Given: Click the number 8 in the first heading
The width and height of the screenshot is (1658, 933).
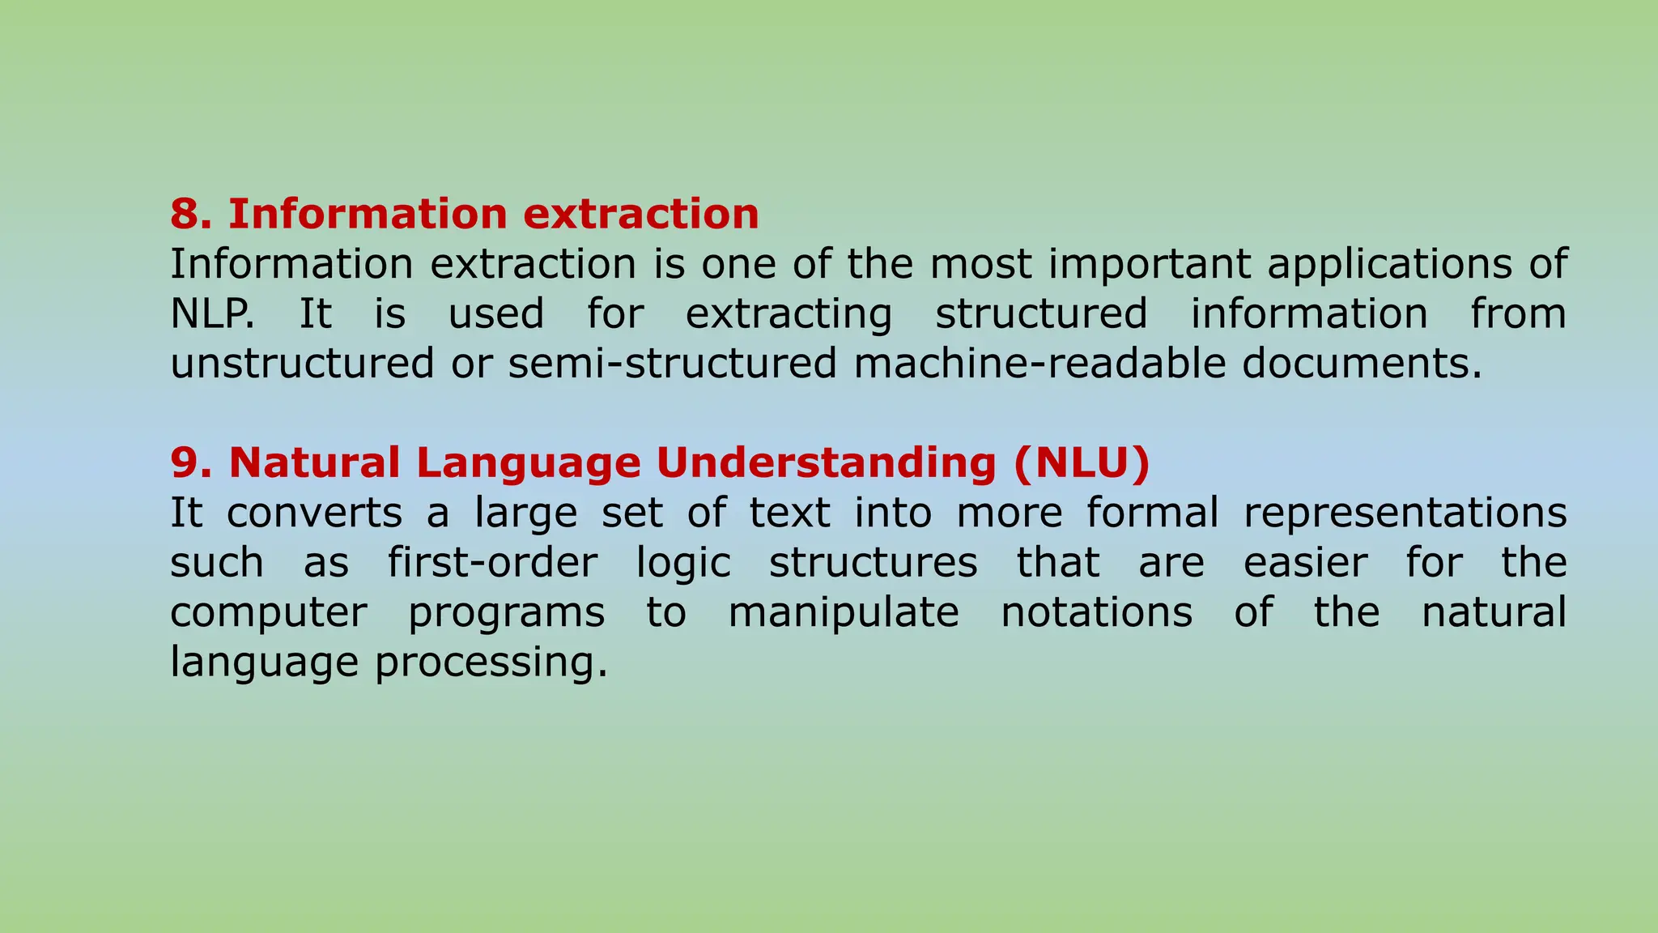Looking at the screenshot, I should coord(185,214).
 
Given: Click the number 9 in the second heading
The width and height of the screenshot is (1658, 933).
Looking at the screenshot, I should coord(185,463).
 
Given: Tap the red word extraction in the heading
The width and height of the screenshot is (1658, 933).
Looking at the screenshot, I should coord(640,214).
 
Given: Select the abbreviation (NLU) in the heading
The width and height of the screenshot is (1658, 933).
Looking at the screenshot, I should coord(1081,463).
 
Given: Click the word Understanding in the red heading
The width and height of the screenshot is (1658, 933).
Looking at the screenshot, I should coord(826,463).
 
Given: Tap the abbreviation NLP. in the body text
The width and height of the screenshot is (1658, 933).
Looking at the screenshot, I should coord(212,313).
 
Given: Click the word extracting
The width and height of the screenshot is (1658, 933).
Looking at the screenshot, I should coord(789,315).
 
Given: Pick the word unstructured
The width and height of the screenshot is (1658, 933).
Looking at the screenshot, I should coord(302,363).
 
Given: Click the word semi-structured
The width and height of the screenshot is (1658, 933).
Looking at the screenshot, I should coord(672,363).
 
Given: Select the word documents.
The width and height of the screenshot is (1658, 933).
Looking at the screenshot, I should coord(1361,363).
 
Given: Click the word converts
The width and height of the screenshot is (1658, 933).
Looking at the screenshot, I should coord(314,513).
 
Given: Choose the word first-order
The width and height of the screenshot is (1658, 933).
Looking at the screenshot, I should coord(492,563).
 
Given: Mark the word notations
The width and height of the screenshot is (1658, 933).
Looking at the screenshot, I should coord(1096,612).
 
